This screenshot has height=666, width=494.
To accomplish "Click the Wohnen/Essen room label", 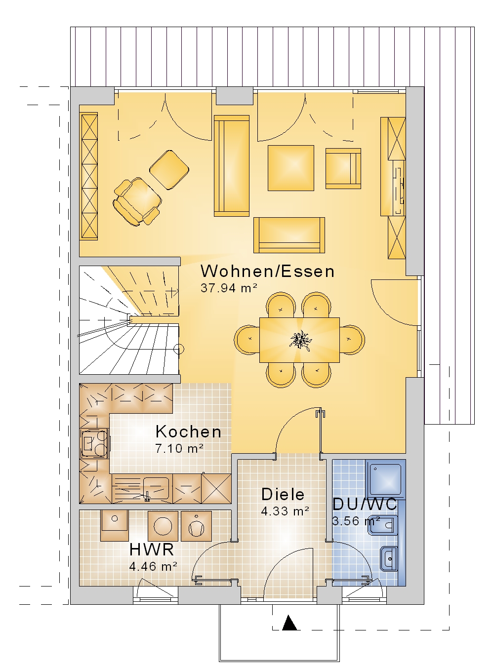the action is pyautogui.click(x=267, y=271).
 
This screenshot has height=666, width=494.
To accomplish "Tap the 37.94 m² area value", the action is pyautogui.click(x=229, y=288).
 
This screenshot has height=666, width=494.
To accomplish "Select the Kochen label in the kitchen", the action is pyautogui.click(x=188, y=432).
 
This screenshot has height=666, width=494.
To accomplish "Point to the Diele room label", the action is pyautogui.click(x=283, y=494).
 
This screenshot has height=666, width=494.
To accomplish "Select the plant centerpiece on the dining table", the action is pyautogui.click(x=300, y=340).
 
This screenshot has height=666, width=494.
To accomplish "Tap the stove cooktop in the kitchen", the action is pyautogui.click(x=95, y=443).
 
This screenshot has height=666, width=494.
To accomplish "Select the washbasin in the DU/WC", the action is pyautogui.click(x=389, y=558).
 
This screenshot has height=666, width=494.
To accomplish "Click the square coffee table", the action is pyautogui.click(x=291, y=168).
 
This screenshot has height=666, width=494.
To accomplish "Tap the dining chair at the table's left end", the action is pyautogui.click(x=247, y=340).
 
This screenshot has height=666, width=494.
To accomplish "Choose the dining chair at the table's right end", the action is pyautogui.click(x=352, y=340).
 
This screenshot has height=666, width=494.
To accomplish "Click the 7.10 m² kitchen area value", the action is pyautogui.click(x=179, y=448).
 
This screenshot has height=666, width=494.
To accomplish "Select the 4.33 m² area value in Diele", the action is pyautogui.click(x=285, y=511).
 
